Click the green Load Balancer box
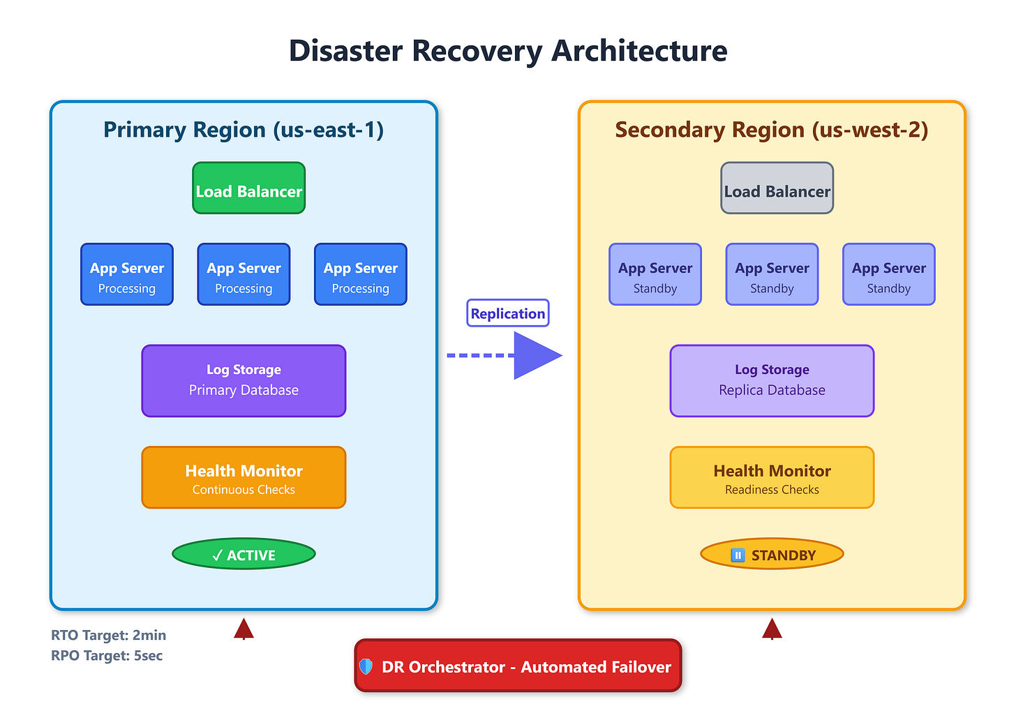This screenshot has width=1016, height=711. tap(248, 188)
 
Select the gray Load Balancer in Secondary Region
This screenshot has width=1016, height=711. tap(777, 188)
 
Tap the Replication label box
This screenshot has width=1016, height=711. tap(507, 313)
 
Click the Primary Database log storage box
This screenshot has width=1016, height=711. tap(244, 381)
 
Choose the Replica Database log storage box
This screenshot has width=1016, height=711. tap(772, 381)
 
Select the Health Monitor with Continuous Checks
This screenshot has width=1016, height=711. tap(244, 477)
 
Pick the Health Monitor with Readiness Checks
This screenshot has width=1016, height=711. tap(772, 477)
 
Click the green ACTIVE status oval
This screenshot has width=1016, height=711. tap(244, 554)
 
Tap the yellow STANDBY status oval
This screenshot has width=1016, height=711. tap(772, 554)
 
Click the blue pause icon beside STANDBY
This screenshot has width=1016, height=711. tap(738, 555)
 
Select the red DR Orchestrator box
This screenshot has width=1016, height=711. tap(518, 666)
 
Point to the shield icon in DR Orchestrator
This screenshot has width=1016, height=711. tap(366, 666)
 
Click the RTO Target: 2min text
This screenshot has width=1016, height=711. tap(108, 635)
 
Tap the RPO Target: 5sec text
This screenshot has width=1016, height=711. tap(107, 656)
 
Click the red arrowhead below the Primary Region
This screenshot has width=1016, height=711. tap(244, 629)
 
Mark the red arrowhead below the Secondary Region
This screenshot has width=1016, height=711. tap(772, 629)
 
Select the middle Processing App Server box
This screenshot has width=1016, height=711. tap(244, 274)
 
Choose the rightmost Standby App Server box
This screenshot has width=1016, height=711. tap(888, 274)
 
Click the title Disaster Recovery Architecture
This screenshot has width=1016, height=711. tap(508, 50)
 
